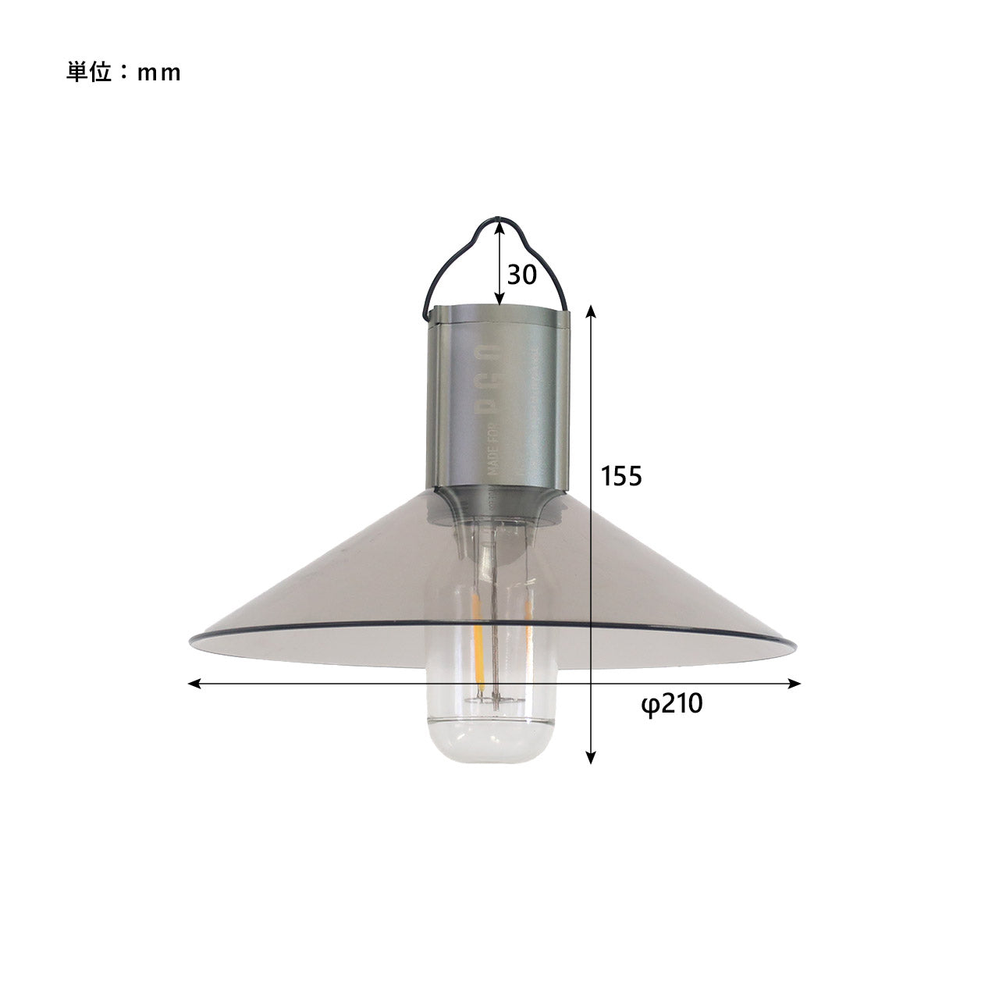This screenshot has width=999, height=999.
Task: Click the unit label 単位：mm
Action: [123, 72]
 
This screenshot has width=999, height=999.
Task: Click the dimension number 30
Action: [522, 275]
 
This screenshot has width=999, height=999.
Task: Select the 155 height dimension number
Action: [621, 475]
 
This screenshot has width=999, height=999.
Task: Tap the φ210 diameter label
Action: [671, 704]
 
